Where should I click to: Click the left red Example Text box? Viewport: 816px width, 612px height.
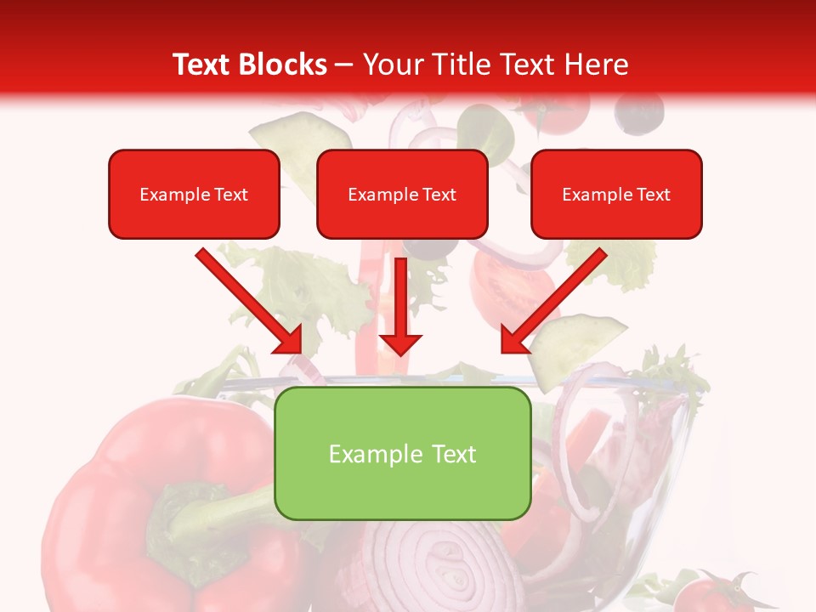click(194, 194)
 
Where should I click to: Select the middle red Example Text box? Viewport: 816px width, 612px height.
click(402, 194)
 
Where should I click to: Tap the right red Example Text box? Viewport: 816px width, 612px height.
click(616, 194)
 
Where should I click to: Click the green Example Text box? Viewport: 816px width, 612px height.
click(402, 453)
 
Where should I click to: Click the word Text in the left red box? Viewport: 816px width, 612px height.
click(230, 195)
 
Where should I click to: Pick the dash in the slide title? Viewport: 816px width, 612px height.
click(344, 65)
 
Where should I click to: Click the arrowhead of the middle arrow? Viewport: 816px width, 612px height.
click(400, 343)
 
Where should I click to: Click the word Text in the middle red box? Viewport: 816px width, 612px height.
click(439, 195)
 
